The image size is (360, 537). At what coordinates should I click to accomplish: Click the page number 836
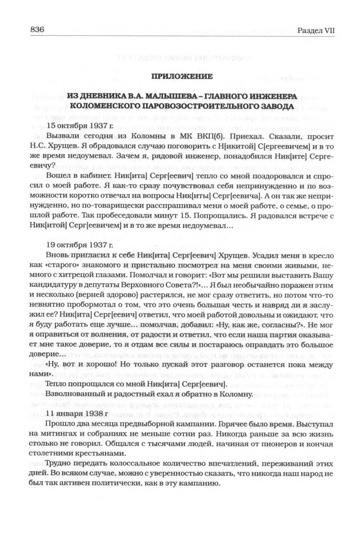[37, 30]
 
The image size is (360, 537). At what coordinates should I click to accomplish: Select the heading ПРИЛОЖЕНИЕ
[182, 76]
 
